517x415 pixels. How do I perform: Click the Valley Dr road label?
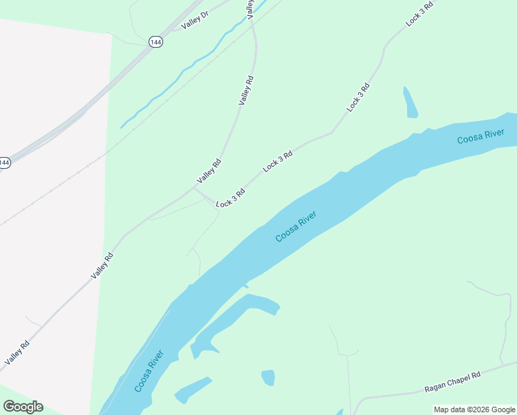coord(195,21)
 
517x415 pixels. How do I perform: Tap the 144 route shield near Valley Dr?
coord(156,41)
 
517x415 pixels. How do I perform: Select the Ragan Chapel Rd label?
coord(452,382)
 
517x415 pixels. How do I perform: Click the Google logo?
coord(23,407)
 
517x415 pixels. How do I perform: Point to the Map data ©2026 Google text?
coord(474,409)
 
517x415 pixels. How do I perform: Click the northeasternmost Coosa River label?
coord(480,136)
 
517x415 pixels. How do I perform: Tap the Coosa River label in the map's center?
coord(296,228)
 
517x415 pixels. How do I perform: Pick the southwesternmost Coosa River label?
coord(149,371)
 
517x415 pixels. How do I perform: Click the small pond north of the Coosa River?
coord(410,102)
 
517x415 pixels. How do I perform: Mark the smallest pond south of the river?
coord(268,378)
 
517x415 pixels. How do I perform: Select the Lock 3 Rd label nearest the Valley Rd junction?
coord(230,199)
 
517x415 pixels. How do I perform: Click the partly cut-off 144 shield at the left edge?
coord(4,163)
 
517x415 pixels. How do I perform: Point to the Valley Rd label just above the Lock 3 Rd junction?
coord(209,171)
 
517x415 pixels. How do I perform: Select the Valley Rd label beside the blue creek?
coord(247,90)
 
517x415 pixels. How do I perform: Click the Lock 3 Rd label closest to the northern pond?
coord(359,98)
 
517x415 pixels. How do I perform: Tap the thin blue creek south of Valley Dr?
coord(187,69)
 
